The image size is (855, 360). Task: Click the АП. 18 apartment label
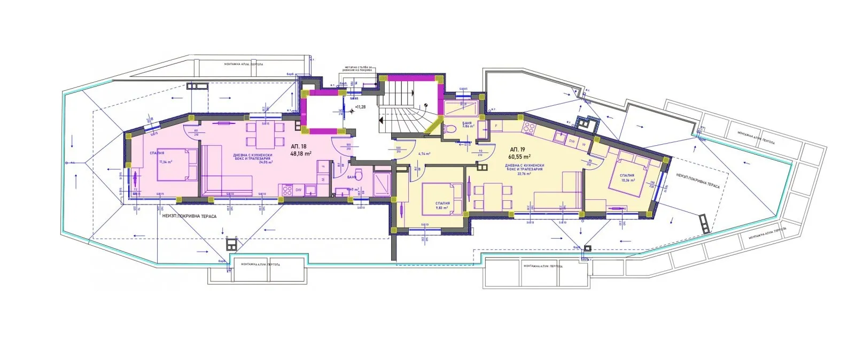click(x=299, y=146)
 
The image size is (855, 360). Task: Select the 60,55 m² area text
click(x=520, y=157)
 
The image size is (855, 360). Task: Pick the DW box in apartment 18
click(x=298, y=189)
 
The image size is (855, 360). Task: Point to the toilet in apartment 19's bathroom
click(x=450, y=129)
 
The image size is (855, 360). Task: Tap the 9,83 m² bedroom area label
click(x=441, y=208)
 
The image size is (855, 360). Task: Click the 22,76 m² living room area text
click(x=523, y=174)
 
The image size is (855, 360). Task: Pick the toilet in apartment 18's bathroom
click(x=360, y=175)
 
